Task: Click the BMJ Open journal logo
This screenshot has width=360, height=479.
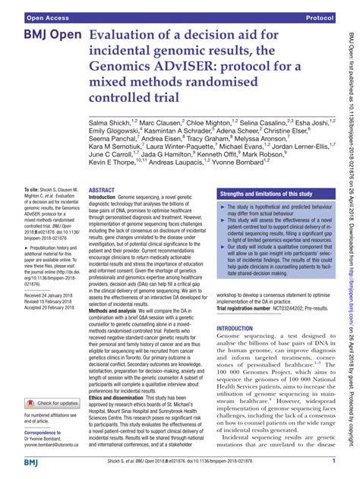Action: click(x=45, y=36)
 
